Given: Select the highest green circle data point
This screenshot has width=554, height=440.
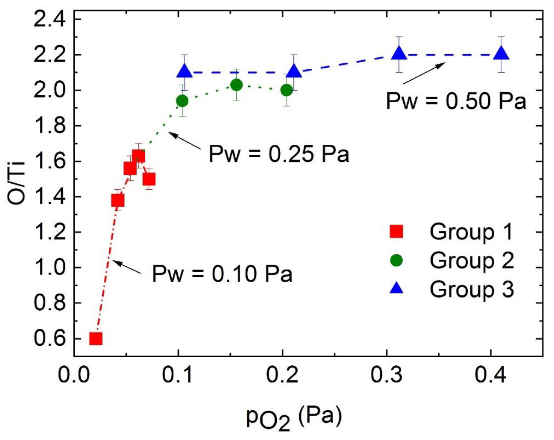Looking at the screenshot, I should point(236,85).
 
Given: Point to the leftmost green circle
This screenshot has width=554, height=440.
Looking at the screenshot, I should point(182,101).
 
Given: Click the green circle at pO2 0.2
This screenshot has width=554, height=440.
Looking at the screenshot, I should point(287,90).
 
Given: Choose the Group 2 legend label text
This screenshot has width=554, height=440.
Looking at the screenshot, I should point(472,261).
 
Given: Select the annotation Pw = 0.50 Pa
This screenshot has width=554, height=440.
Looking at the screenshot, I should point(456,101).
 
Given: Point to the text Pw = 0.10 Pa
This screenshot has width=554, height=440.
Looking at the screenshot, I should point(222,274).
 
